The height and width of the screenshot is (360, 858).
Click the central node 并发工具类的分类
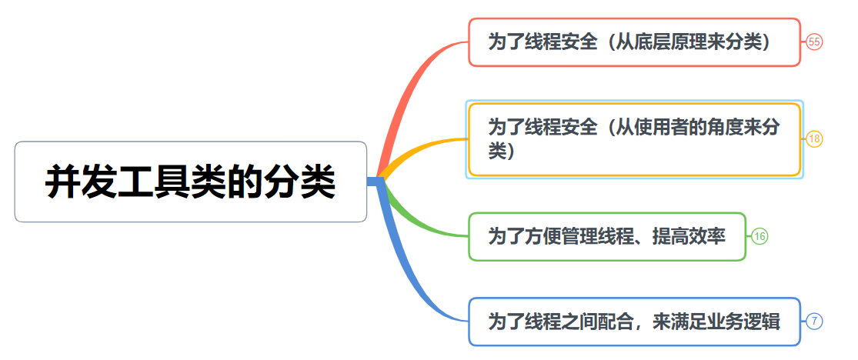pos(190,182)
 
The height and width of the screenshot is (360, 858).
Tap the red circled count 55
pos(814,42)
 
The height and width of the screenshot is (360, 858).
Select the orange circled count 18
pos(814,139)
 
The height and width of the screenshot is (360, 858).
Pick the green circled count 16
pos(760,236)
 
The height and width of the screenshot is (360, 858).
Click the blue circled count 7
pos(815,321)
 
